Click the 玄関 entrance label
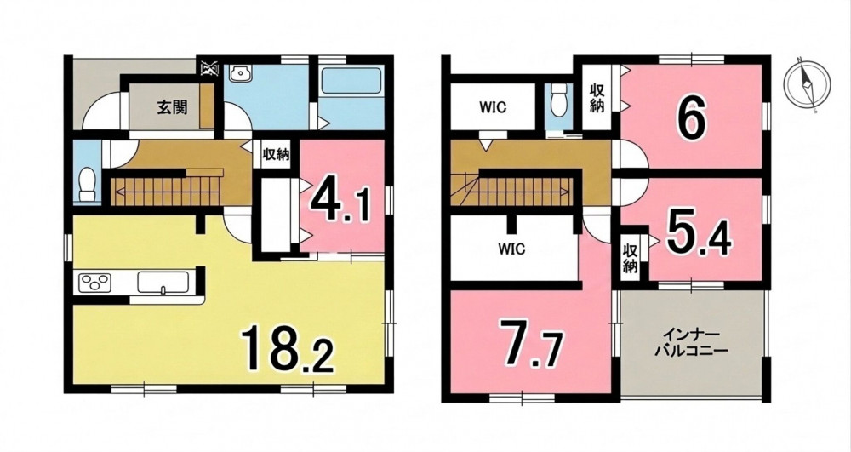click(173, 107)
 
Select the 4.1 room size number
click(340, 200)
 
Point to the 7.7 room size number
click(532, 343)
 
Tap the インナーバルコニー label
click(690, 341)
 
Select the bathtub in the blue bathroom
click(352, 82)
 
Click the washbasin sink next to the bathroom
click(238, 73)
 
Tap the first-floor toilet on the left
click(87, 186)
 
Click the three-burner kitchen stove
click(95, 282)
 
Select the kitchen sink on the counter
click(163, 282)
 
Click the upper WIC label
click(492, 107)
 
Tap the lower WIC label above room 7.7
click(511, 249)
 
